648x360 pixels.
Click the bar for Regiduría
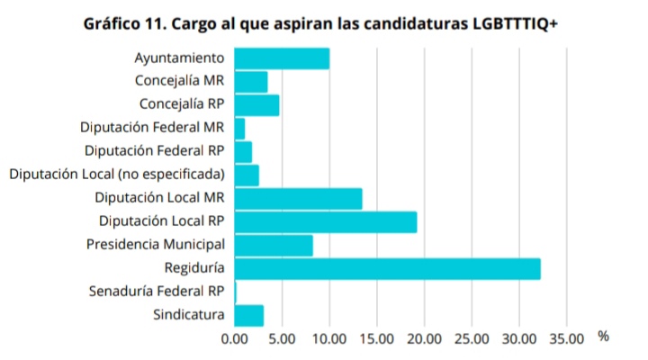tap(387, 268)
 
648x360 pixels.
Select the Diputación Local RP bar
tap(325, 221)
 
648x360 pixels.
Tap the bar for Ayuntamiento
tap(281, 58)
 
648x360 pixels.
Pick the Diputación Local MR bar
tap(298, 198)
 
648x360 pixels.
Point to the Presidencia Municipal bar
tap(273, 245)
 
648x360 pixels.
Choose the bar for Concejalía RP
tap(256, 105)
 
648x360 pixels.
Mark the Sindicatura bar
tap(248, 315)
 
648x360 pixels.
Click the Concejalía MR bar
tap(250, 82)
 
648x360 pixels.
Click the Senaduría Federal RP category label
tap(157, 292)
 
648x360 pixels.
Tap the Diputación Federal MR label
tap(151, 128)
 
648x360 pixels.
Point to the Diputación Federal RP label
tap(154, 151)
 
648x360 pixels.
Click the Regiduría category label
tap(194, 268)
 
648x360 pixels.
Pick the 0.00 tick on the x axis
tap(234, 339)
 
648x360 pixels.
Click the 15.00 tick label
tap(376, 339)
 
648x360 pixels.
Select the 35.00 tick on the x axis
tap(566, 339)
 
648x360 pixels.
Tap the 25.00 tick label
tap(472, 339)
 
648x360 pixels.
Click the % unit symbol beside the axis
tap(603, 337)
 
